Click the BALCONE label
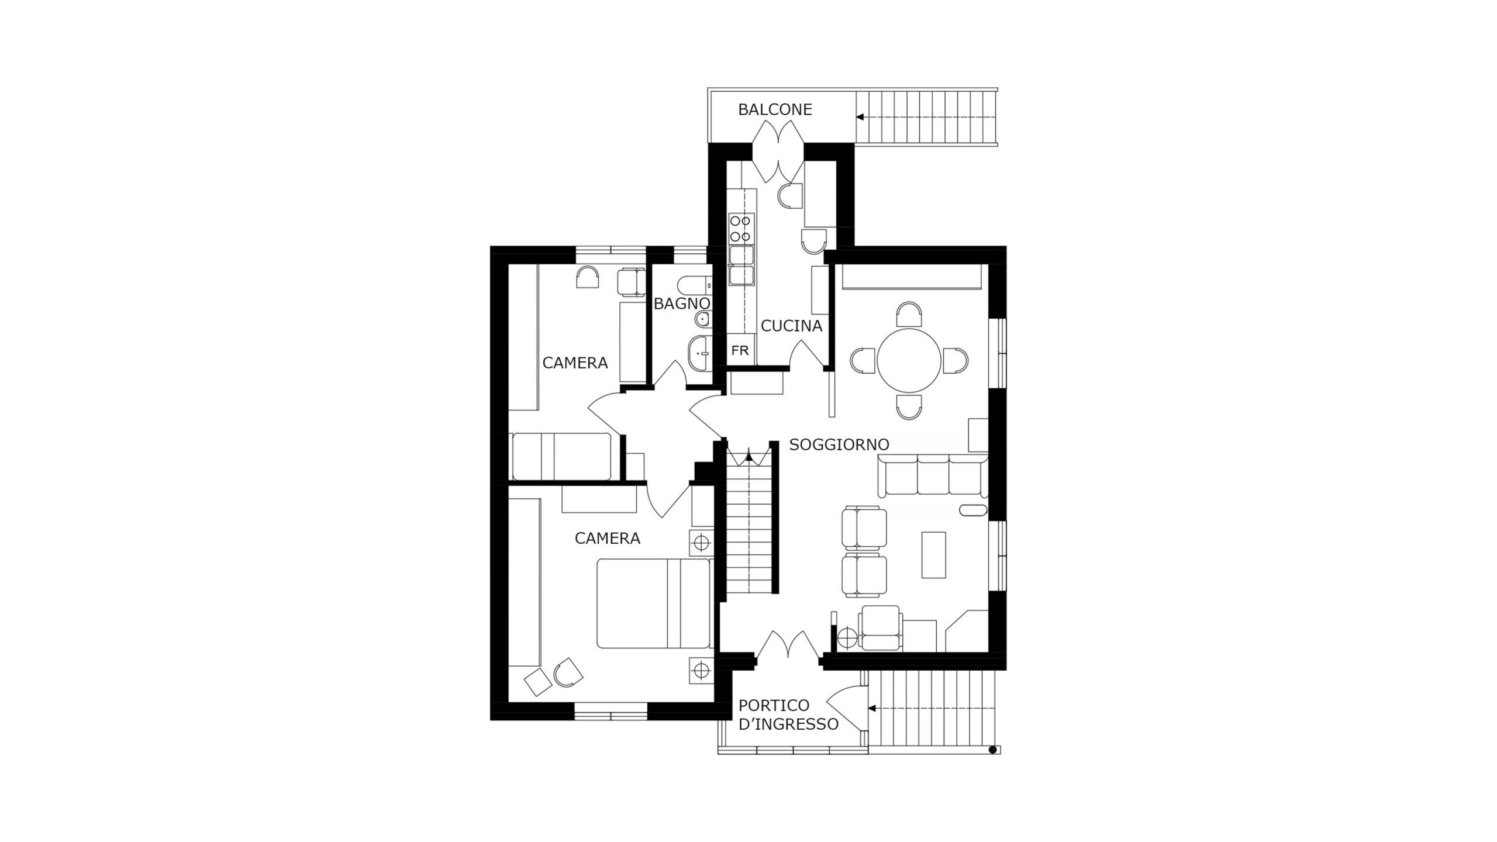click(775, 110)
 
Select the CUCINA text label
click(791, 326)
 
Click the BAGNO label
click(682, 303)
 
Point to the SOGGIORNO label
click(839, 444)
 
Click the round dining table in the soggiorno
click(909, 361)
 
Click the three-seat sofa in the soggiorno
click(933, 477)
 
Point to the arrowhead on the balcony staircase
click(860, 117)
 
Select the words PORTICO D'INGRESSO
click(789, 715)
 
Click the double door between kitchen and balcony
click(778, 151)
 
